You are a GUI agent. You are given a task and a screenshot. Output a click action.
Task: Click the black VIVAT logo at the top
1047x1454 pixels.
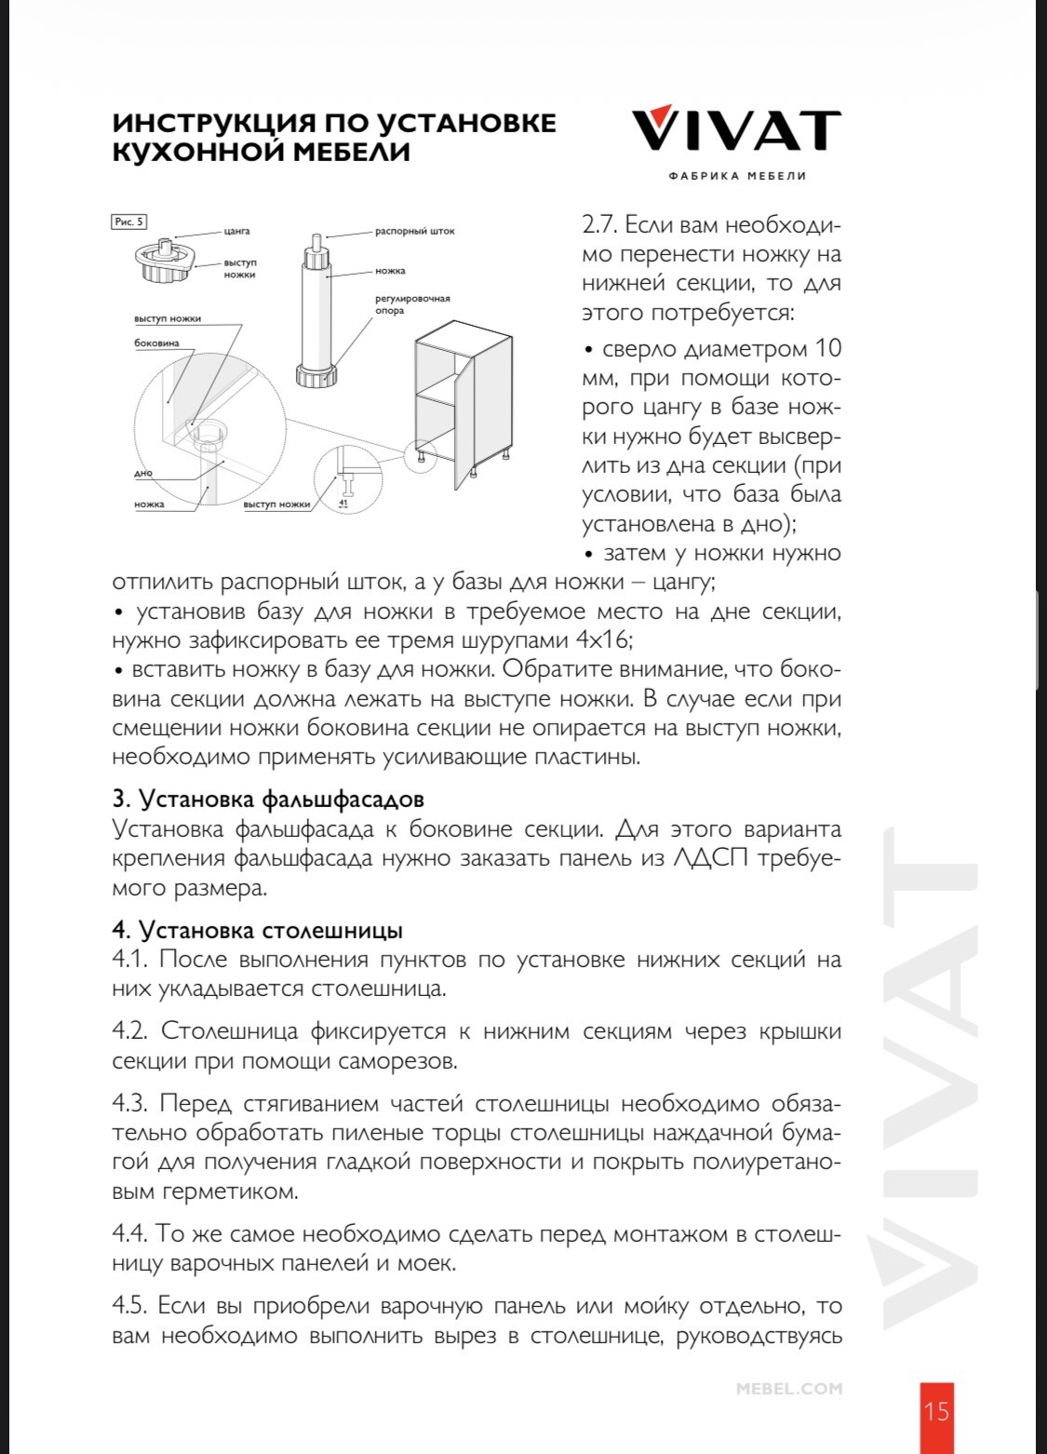tap(736, 130)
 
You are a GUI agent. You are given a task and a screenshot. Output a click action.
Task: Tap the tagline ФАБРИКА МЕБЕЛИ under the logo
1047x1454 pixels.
tap(737, 176)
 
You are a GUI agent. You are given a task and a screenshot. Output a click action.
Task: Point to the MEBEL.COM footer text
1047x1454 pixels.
tap(789, 1389)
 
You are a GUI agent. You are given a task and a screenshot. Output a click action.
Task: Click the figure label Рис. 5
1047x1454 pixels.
tap(128, 222)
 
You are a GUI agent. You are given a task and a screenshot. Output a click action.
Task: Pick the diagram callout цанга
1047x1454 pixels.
tap(236, 231)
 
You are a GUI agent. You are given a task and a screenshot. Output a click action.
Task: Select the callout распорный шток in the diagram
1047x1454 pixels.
tap(415, 231)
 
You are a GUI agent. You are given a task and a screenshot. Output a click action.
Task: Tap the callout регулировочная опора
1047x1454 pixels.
tap(406, 304)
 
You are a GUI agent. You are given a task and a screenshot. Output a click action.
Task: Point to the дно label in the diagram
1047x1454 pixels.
tap(143, 473)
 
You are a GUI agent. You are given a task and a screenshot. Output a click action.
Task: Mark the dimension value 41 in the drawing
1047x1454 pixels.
tap(342, 503)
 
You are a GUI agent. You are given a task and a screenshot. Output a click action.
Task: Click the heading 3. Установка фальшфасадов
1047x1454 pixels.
tap(268, 799)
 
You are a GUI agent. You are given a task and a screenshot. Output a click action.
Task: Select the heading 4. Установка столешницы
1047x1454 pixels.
tap(257, 929)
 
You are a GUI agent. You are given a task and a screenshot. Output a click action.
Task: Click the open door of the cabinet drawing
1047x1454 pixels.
tap(458, 428)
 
